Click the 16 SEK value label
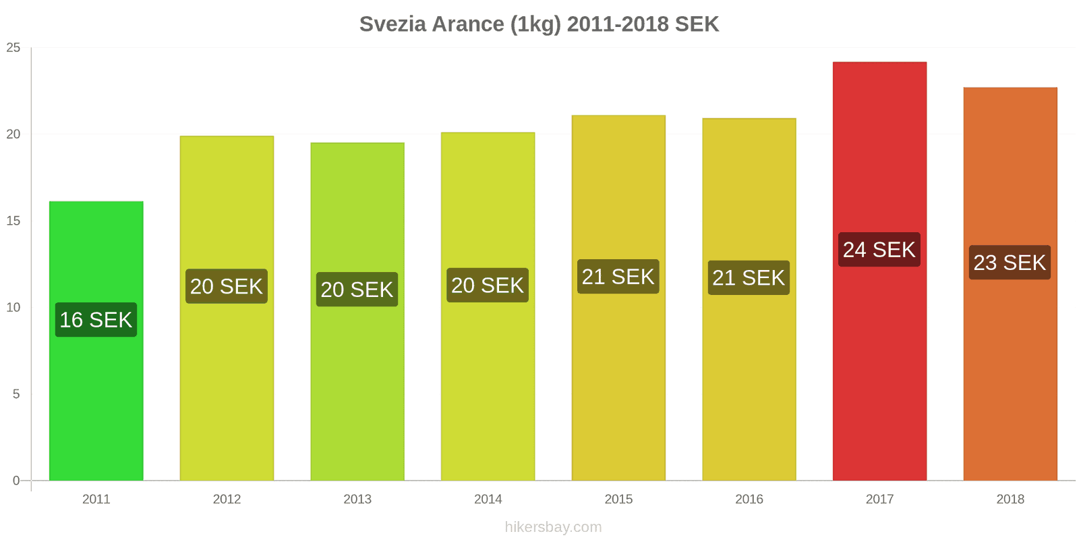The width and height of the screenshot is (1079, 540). (x=96, y=320)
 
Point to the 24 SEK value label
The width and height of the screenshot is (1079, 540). (x=879, y=250)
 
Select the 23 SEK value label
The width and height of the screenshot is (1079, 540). (x=1010, y=263)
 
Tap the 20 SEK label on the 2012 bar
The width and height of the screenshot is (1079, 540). (x=227, y=287)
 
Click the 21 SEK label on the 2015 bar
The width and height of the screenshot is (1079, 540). (x=618, y=277)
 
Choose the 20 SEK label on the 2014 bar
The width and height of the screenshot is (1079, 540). (x=488, y=286)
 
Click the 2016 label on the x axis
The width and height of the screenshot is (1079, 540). (x=749, y=500)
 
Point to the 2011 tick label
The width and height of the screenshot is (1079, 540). (x=96, y=500)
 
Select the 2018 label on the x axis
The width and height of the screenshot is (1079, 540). (x=1010, y=500)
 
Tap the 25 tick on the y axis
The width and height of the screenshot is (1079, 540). (x=13, y=48)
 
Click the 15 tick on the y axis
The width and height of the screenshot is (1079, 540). (x=13, y=221)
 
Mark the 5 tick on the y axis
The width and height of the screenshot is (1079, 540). (x=16, y=394)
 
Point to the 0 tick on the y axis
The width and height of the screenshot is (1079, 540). (x=16, y=481)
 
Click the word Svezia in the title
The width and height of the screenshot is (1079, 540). (x=392, y=24)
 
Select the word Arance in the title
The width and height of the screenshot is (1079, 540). (x=468, y=24)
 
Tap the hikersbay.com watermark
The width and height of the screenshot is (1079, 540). (x=553, y=527)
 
